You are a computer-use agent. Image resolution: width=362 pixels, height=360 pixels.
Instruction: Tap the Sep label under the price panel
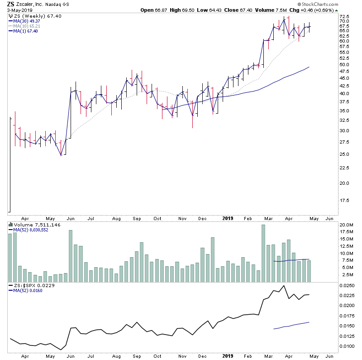pyautogui.click(x=137, y=218)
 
